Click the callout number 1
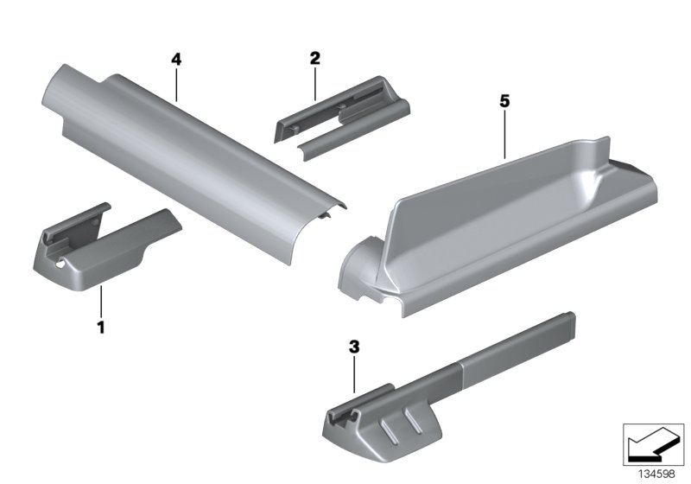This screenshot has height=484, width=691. click(101, 328)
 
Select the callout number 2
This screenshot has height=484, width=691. click(314, 58)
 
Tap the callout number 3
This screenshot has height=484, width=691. click(354, 347)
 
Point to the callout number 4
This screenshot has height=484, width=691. click(176, 59)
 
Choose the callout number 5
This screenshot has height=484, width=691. click(504, 101)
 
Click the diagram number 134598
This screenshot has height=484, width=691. click(657, 474)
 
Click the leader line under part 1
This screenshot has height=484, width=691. click(101, 302)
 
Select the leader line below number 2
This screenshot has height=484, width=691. click(315, 84)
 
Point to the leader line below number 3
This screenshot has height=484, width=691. click(354, 375)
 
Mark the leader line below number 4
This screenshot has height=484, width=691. click(176, 85)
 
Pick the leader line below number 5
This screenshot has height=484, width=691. click(504, 135)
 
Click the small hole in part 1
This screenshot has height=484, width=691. click(60, 264)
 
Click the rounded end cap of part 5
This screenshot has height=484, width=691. click(359, 269)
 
